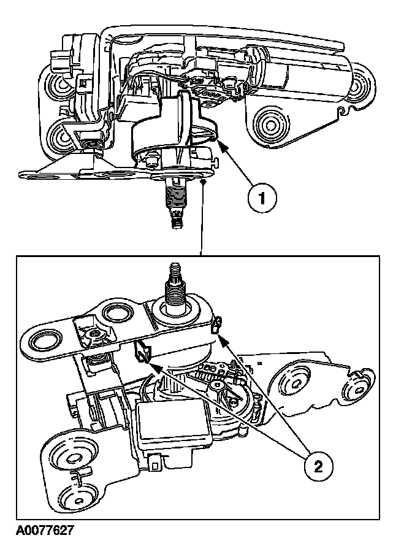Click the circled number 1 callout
click(262, 199)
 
